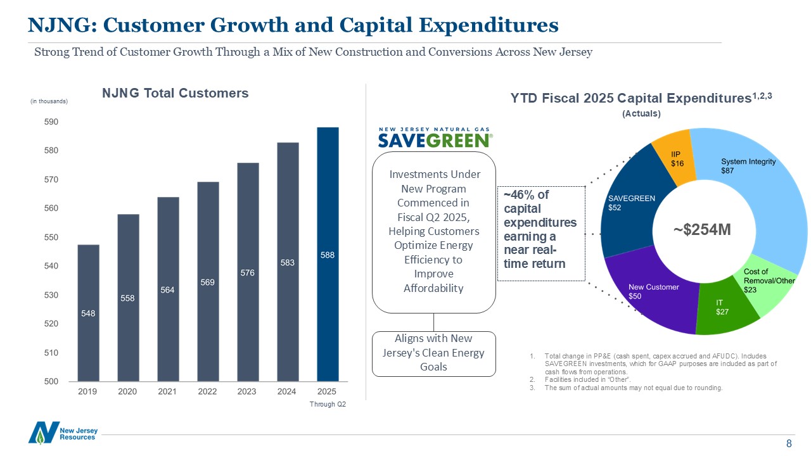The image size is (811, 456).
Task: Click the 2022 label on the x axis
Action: coord(207,392)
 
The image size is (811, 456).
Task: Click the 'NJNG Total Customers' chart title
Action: coord(176,93)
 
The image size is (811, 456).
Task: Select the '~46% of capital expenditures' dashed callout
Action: coord(540,233)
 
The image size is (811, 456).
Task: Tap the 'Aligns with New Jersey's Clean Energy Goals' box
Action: coord(434,353)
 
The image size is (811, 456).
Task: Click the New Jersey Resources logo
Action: coord(63,433)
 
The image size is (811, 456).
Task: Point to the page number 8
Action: coord(789,444)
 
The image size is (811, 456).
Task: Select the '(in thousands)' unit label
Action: coord(49,101)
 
